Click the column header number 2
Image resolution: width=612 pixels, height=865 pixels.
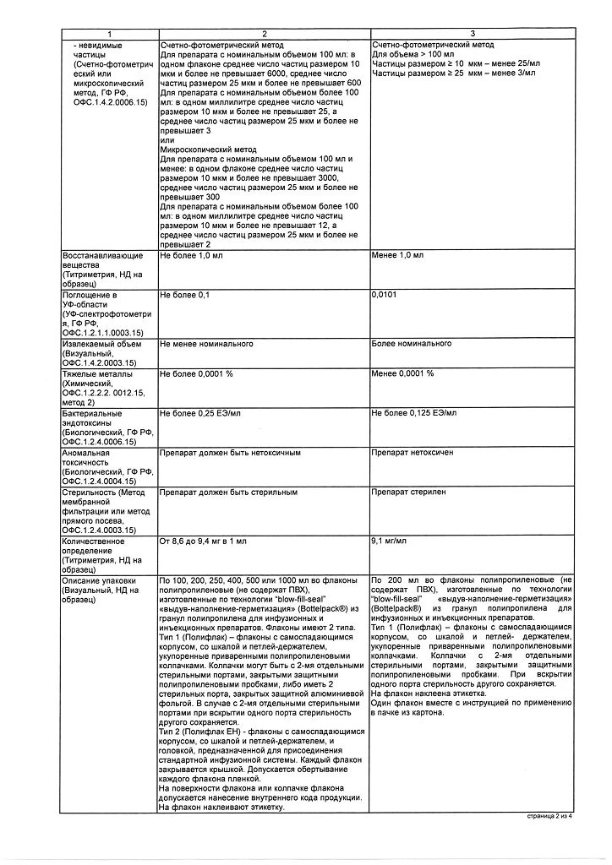tap(263, 33)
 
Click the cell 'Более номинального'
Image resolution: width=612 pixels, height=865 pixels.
tap(411, 344)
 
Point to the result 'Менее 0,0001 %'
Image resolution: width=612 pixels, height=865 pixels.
tap(402, 373)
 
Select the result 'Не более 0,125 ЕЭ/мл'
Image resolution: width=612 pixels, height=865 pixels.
tap(413, 413)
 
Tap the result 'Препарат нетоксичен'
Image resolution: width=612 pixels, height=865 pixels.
tap(412, 452)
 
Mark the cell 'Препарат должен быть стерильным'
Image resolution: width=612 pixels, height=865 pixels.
tap(221, 492)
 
